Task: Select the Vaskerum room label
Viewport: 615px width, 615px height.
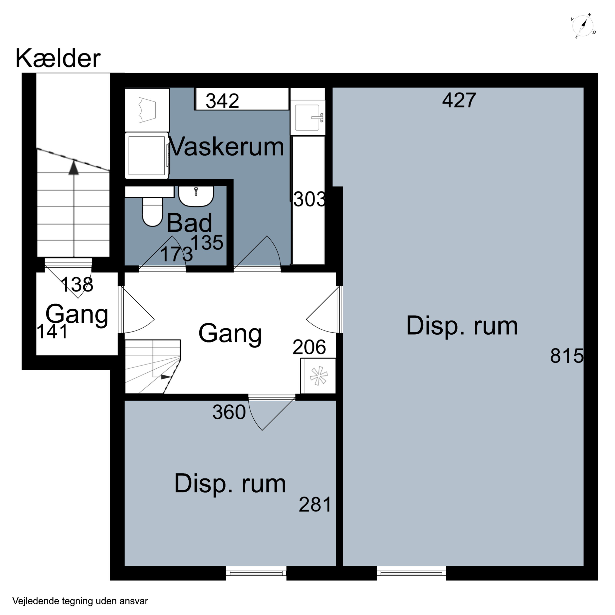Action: (x=227, y=147)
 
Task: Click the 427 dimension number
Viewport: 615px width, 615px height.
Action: (x=459, y=100)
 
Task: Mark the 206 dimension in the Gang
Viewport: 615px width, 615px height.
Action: (x=309, y=347)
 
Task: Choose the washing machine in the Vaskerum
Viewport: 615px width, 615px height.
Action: (x=147, y=156)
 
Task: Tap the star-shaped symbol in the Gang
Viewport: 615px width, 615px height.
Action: (x=318, y=376)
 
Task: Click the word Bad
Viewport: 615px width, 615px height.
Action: (x=189, y=223)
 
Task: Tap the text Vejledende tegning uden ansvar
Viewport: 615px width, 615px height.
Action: (x=80, y=601)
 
